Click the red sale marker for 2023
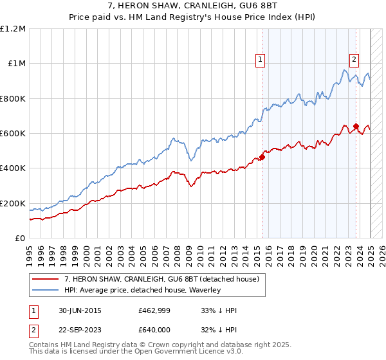[356, 127]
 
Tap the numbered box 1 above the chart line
[260, 60]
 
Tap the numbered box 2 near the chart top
[354, 60]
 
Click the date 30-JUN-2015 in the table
[79, 310]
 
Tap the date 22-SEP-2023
[79, 331]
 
